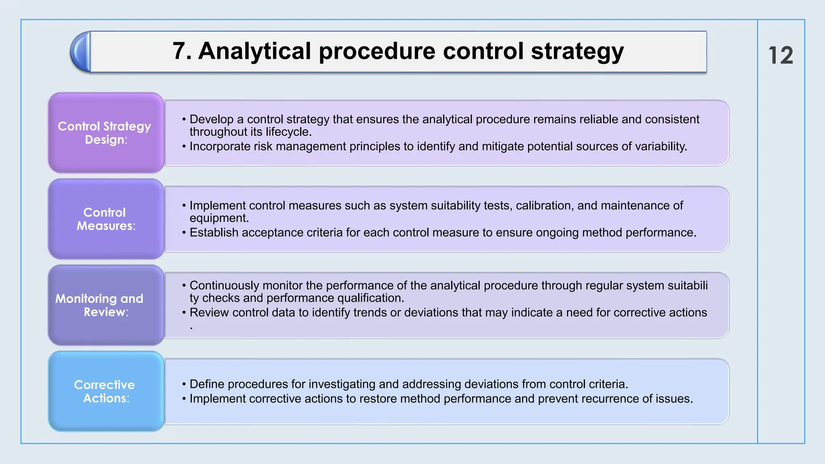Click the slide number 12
(781, 55)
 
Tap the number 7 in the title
(180, 51)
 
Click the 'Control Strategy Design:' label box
(106, 133)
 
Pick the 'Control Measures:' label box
(106, 219)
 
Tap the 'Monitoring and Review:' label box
(106, 305)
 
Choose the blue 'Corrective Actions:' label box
(106, 391)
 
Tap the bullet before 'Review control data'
(184, 313)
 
